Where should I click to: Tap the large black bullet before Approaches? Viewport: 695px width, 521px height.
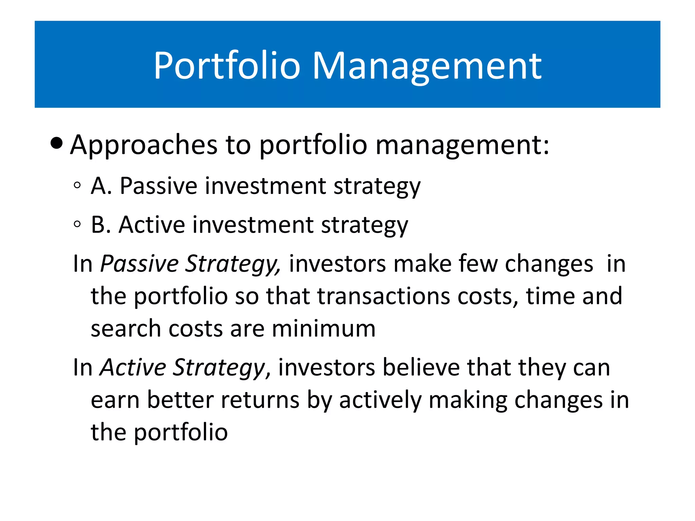(x=56, y=143)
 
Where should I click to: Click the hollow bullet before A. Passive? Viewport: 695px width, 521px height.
(x=77, y=185)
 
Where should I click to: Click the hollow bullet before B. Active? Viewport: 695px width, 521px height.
(x=77, y=224)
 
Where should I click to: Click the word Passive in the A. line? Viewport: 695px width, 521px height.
(x=158, y=186)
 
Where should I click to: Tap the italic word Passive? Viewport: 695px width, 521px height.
(x=139, y=264)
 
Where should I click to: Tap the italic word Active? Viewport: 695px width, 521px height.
(x=133, y=367)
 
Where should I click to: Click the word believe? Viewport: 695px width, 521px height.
(x=421, y=367)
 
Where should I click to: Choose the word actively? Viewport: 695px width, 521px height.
(x=380, y=400)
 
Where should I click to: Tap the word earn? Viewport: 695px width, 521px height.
(x=115, y=400)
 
